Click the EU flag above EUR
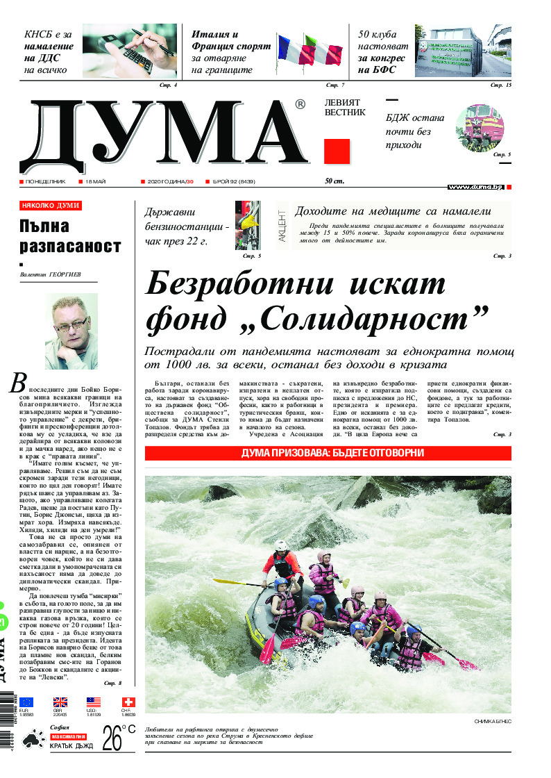pyautogui.click(x=26, y=702)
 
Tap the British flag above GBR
pyautogui.click(x=60, y=702)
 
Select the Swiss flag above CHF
pyautogui.click(x=128, y=702)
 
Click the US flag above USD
pyautogui.click(x=94, y=702)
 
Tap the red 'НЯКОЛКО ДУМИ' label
pyautogui.click(x=51, y=206)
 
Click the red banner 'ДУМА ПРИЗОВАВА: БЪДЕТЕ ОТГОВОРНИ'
pyautogui.click(x=328, y=453)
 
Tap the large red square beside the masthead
pyautogui.click(x=337, y=151)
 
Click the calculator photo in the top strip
pyautogui.click(x=130, y=51)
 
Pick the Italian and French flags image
pyautogui.click(x=310, y=52)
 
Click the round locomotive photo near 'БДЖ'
pyautogui.click(x=480, y=128)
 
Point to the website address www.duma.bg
pyautogui.click(x=475, y=188)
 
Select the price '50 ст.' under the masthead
pyautogui.click(x=334, y=181)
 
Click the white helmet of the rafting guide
pyautogui.click(x=280, y=545)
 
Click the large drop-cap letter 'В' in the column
pyautogui.click(x=18, y=383)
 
